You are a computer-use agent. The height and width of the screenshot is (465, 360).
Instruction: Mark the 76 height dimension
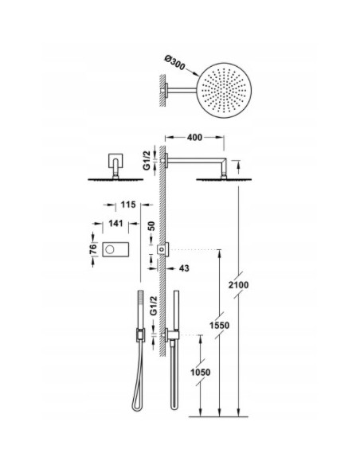[x=93, y=249]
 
